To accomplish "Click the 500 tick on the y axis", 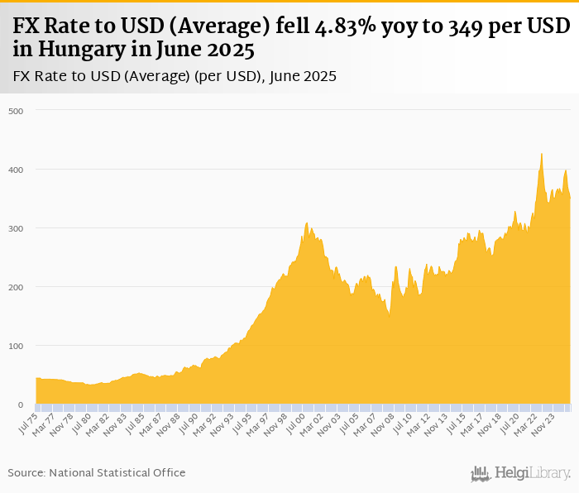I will [17, 111].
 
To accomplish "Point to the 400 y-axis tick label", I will [17, 170].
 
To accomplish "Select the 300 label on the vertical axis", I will [17, 228].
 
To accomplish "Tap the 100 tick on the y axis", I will [17, 346].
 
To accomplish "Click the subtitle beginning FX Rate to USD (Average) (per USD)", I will [175, 76].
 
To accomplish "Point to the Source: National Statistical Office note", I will [97, 472].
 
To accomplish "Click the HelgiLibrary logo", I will [520, 473].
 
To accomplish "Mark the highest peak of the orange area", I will [541, 153].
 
